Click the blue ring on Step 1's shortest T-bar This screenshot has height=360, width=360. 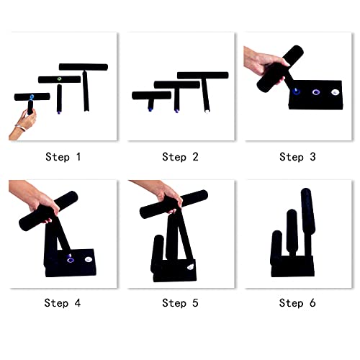(x=31, y=96)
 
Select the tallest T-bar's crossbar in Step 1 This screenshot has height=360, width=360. (x=84, y=67)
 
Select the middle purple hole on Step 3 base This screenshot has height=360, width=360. (x=315, y=92)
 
